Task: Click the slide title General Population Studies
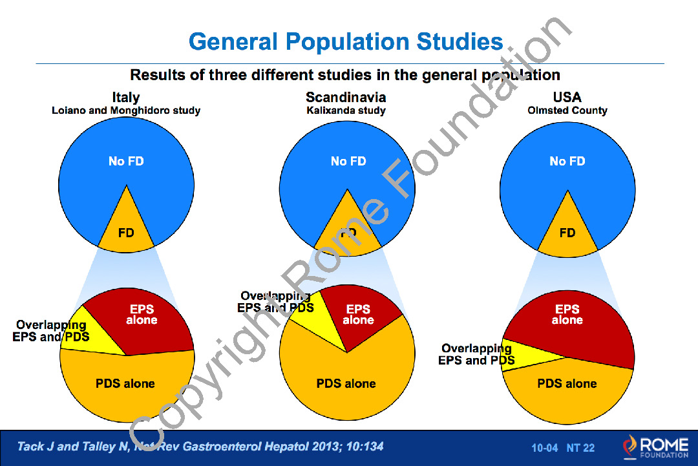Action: pos(346,42)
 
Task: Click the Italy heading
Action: pos(126,97)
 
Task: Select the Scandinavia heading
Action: pos(346,97)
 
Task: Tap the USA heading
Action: pos(567,97)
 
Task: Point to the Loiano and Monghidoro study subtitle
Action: pos(126,111)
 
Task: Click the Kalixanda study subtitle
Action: pos(346,111)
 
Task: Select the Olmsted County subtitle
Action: pos(567,111)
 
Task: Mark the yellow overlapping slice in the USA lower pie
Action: pos(523,352)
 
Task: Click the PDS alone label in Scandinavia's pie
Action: pos(346,383)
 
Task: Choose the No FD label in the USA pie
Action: pos(567,161)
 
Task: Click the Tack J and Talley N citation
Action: pos(200,447)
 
